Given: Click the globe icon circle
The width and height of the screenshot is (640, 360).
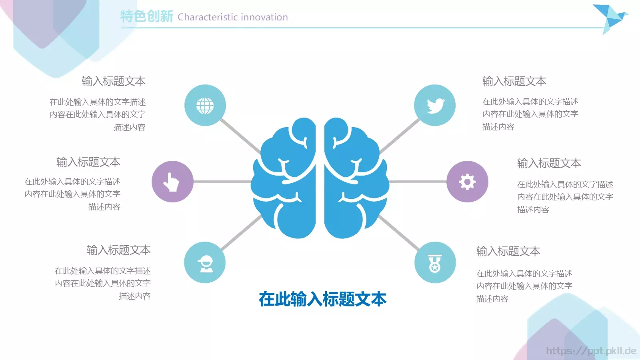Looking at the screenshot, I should [205, 105].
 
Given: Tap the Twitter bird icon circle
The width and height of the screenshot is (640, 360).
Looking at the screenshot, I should [435, 105].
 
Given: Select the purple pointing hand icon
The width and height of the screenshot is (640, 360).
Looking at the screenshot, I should [172, 182].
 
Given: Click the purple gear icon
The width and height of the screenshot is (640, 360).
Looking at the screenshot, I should [467, 182].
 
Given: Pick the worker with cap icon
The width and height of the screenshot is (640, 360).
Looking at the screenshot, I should [205, 262].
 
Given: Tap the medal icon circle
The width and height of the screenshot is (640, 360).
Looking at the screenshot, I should [435, 262].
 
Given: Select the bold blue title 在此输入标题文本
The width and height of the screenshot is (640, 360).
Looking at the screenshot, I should [322, 299].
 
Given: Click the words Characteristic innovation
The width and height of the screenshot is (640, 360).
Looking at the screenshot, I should [233, 17].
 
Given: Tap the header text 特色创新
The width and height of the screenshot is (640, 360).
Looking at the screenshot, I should [147, 16].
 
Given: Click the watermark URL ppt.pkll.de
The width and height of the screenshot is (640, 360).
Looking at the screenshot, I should [591, 351].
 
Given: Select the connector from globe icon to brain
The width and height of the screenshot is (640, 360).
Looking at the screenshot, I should [240, 136].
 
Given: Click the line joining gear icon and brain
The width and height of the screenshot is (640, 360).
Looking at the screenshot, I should [418, 182].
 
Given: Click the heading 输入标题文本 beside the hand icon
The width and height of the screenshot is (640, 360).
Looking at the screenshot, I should [88, 162].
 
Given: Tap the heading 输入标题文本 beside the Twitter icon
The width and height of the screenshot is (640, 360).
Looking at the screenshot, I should [514, 81].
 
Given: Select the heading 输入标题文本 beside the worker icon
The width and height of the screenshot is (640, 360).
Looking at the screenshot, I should [119, 250].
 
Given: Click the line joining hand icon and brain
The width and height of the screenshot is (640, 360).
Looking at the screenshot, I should [222, 182].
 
